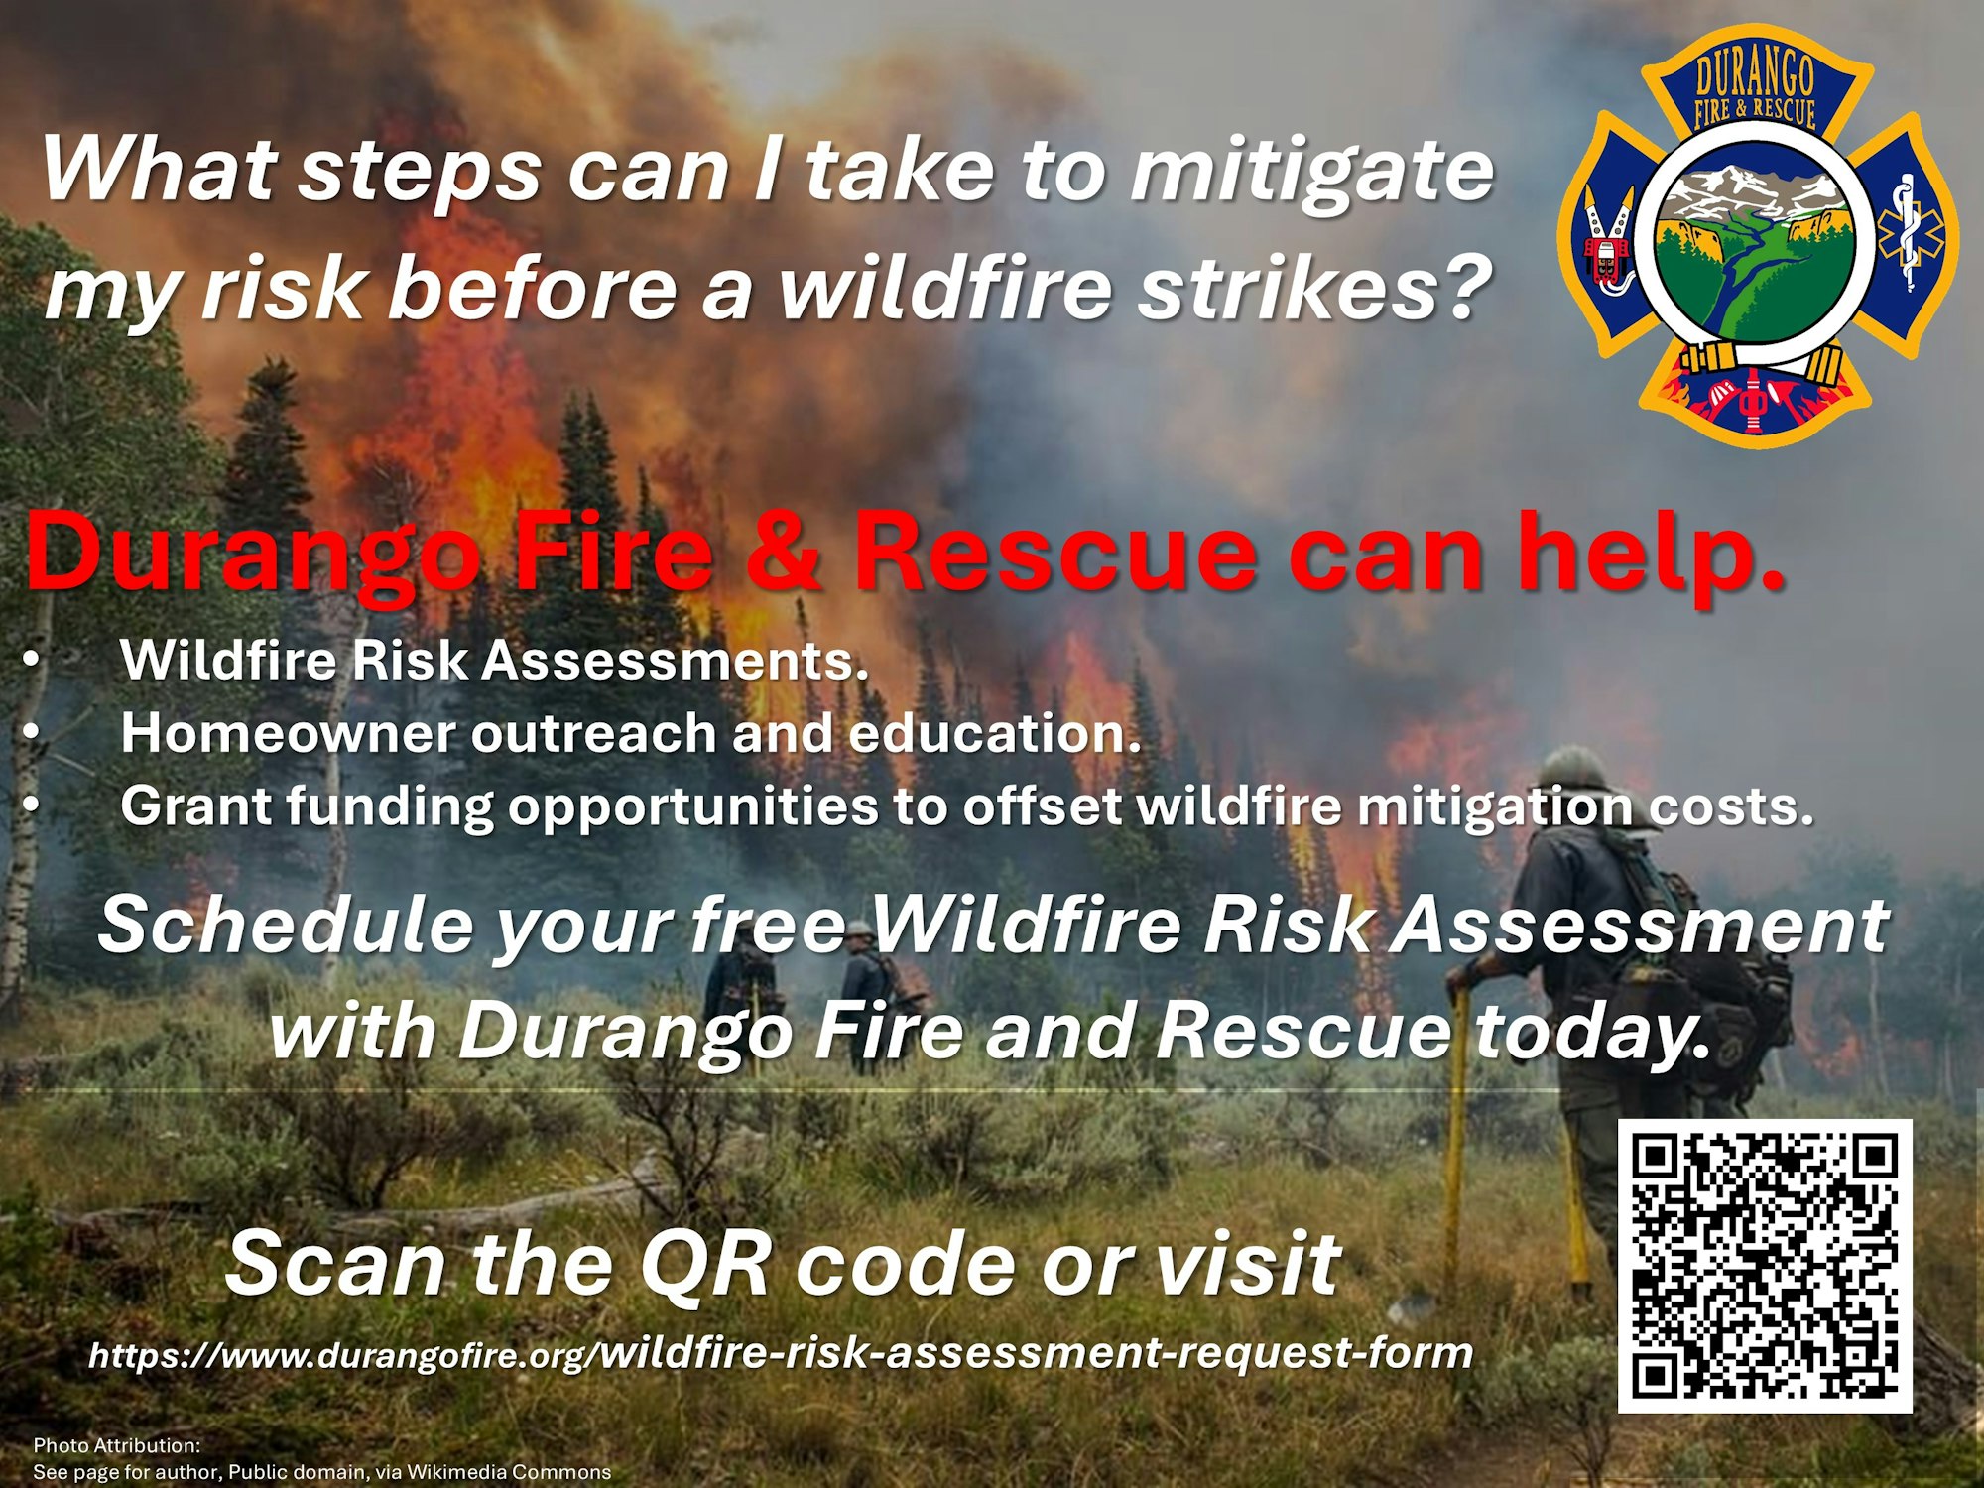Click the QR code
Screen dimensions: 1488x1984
[1765, 1266]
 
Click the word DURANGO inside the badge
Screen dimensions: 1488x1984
[1755, 74]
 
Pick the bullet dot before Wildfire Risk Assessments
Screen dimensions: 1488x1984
[33, 660]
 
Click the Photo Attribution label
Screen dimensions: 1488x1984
[117, 1445]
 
